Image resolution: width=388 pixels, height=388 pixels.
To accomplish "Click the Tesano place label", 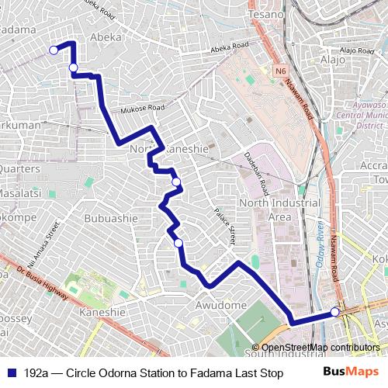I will [x=267, y=15].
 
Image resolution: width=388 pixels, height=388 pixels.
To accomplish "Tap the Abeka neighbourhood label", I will [x=106, y=37].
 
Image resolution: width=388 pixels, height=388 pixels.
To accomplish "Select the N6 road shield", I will [x=280, y=71].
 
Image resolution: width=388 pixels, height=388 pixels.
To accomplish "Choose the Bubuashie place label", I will [x=111, y=218].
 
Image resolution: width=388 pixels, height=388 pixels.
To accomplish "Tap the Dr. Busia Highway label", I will [x=42, y=285].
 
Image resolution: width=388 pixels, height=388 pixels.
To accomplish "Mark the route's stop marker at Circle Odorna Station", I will [x=335, y=312].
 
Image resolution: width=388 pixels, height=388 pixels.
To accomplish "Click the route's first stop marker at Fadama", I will [x=54, y=50].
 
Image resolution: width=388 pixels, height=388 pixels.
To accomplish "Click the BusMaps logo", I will [x=351, y=372].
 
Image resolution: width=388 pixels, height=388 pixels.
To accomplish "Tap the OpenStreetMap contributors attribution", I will [x=320, y=347].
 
